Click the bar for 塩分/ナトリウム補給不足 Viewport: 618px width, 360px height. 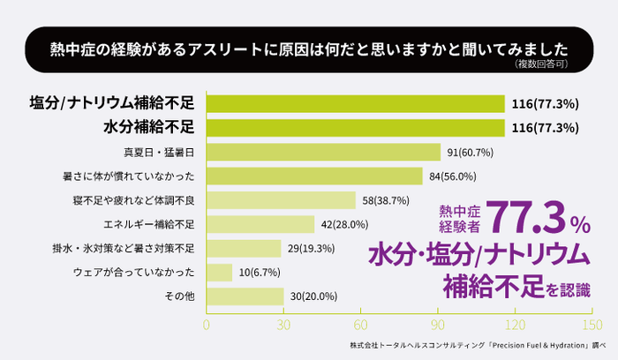355,104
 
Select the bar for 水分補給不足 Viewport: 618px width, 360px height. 355,128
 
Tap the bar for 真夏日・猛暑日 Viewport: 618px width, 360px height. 323,152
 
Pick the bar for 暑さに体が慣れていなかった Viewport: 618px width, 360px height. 314,176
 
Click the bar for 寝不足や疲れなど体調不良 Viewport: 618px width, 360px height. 281,200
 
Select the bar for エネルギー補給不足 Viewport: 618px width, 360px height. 260,224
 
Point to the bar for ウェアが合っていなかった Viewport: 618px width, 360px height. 219,272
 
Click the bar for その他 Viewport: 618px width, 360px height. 245,296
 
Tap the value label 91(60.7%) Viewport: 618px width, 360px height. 470,153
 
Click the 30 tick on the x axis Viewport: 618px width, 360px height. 283,325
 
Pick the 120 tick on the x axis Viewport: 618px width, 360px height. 516,325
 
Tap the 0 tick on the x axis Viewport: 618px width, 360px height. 207,325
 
